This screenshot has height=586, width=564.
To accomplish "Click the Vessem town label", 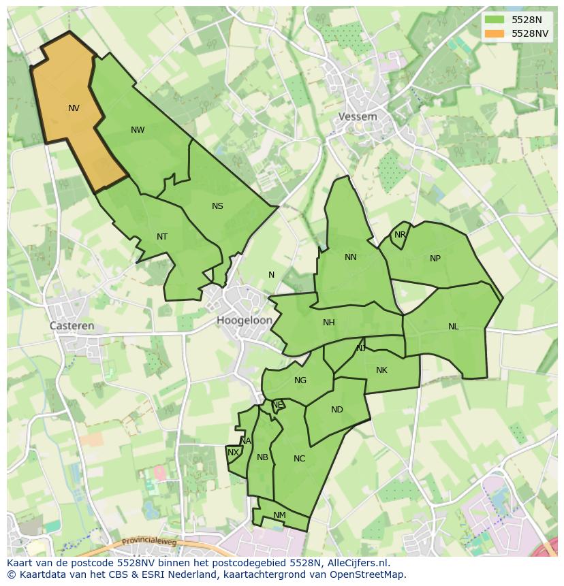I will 358,116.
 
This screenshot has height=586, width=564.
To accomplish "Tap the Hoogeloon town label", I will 245,320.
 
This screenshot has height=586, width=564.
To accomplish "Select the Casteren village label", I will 72,326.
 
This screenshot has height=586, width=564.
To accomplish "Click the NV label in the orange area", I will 74,108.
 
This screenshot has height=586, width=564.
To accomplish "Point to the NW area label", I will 138,130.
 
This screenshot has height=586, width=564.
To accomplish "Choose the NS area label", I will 217,206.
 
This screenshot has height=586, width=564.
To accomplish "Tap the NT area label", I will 162,237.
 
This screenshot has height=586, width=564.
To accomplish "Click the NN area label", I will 351,257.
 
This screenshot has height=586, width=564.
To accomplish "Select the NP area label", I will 435,259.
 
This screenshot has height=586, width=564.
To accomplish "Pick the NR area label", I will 400,235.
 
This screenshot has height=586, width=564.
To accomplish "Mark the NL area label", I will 454,327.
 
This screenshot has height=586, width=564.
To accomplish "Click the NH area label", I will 329,323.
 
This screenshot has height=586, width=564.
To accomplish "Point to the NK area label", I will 381,370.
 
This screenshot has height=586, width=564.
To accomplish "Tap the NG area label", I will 300,380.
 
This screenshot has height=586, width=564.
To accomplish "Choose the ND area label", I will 337,410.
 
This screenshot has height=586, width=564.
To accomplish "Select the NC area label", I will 300,459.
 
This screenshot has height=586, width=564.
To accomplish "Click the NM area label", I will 279,515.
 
